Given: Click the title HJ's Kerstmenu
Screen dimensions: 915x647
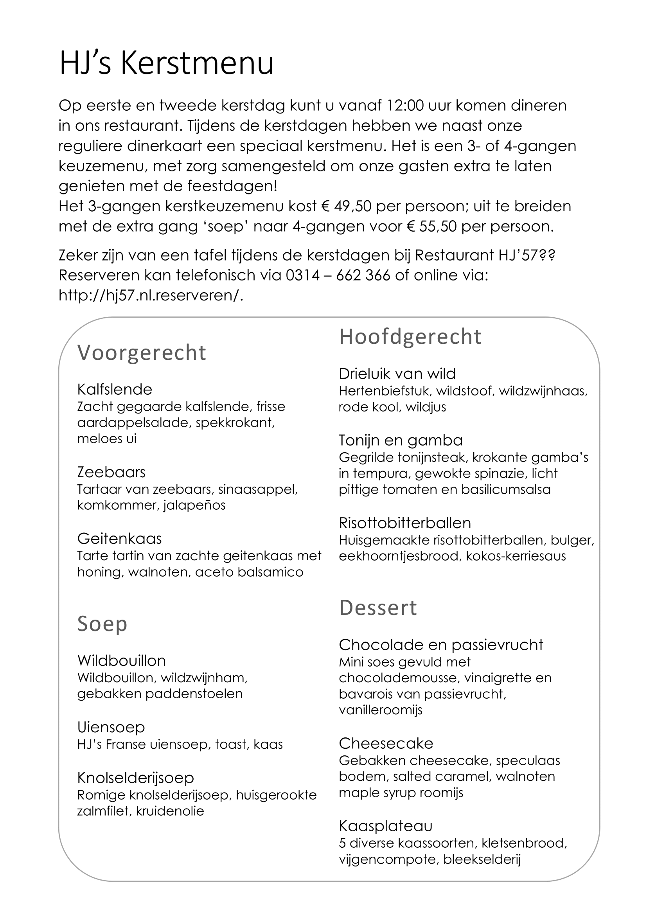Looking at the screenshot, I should tap(166, 63).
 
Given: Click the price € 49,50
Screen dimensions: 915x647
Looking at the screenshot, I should tap(347, 206).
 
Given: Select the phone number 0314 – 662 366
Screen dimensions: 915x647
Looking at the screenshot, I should tap(338, 275).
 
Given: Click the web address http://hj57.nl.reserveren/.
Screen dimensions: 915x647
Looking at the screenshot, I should tap(151, 295).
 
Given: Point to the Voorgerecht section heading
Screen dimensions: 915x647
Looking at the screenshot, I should tap(142, 353).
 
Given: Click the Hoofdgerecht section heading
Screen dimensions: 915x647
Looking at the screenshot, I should tap(410, 337).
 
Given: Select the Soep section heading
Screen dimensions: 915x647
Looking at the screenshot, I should tap(102, 623).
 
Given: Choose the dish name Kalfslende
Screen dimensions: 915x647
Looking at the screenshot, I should tap(115, 389).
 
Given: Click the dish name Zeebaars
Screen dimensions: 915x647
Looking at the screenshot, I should tap(111, 472).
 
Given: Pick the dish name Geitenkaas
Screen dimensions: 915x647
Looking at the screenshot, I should tap(120, 539).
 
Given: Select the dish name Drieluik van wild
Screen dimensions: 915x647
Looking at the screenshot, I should tap(397, 374).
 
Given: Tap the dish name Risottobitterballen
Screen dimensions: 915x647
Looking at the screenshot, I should tap(405, 523).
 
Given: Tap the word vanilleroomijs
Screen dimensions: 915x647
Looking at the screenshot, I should tap(381, 710).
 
